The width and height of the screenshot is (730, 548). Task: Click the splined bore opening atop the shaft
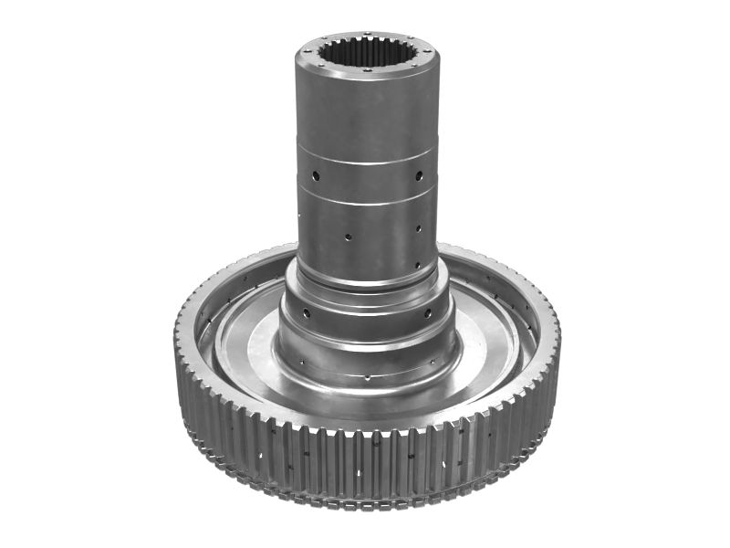coord(367,51)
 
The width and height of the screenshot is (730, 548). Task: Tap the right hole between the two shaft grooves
coord(419,174)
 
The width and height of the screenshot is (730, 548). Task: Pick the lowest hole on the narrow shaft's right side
coord(418,266)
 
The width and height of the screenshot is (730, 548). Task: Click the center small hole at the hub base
coord(367,375)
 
